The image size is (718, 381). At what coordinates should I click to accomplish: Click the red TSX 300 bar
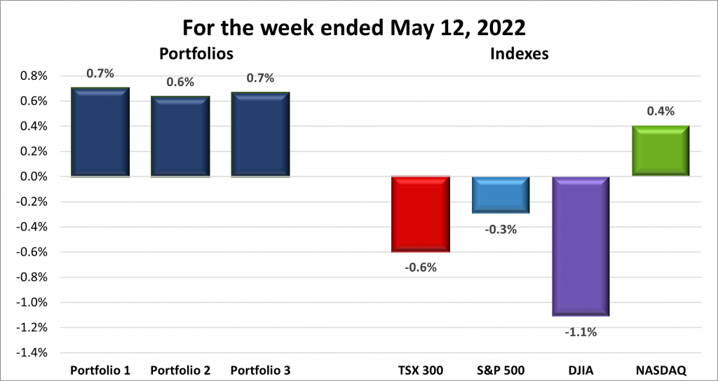click(x=421, y=214)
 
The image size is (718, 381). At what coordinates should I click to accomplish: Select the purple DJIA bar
click(x=581, y=247)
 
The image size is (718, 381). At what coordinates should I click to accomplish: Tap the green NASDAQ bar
click(x=661, y=151)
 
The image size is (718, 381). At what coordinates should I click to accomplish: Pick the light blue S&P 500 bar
click(x=501, y=195)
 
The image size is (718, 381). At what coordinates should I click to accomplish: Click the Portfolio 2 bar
click(x=180, y=137)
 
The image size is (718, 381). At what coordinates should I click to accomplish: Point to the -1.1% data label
click(x=581, y=332)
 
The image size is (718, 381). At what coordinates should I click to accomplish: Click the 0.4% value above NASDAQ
click(x=661, y=111)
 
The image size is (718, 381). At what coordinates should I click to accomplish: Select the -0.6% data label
click(x=421, y=267)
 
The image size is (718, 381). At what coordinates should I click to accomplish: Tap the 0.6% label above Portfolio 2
click(x=180, y=82)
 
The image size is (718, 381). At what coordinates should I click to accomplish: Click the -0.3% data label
click(x=501, y=229)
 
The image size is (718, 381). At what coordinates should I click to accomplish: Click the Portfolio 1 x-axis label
click(x=100, y=370)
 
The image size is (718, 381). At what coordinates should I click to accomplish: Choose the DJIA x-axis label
click(x=581, y=370)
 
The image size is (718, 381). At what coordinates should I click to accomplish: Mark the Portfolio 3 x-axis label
click(x=260, y=370)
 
